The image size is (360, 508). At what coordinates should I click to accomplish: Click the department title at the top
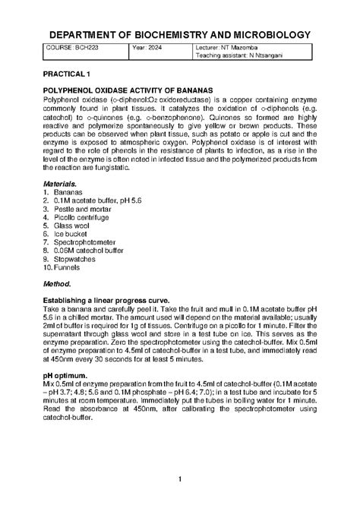(x=180, y=35)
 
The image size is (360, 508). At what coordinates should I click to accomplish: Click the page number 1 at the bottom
(x=180, y=478)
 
